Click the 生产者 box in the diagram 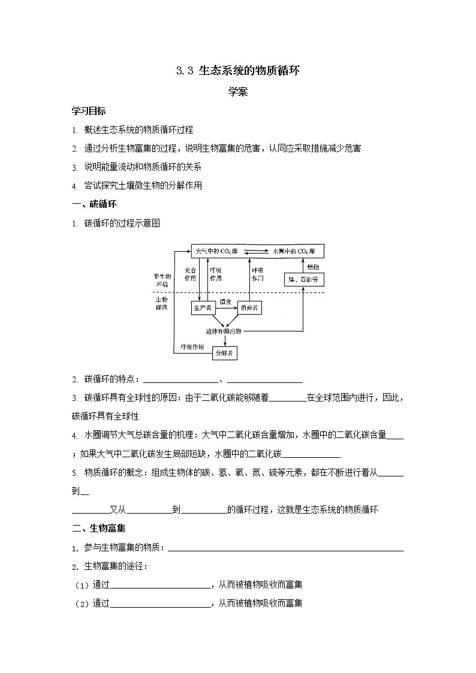[x=203, y=308]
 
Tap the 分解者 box [x=225, y=354]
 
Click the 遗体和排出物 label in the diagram [x=224, y=331]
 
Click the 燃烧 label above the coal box [x=312, y=266]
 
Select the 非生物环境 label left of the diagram [x=162, y=280]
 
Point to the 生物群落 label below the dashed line [x=162, y=303]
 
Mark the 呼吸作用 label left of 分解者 [x=192, y=347]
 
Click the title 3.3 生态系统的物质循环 [x=237, y=71]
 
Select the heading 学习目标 [x=89, y=111]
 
